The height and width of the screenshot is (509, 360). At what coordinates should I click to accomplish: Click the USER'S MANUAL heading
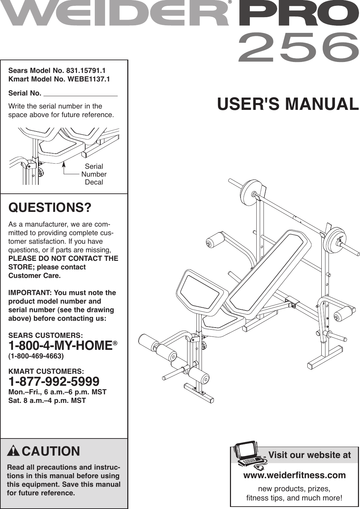[x=288, y=104]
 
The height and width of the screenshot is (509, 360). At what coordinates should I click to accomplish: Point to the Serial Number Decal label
[x=94, y=174]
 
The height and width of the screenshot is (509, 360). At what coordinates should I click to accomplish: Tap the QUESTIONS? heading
[x=50, y=208]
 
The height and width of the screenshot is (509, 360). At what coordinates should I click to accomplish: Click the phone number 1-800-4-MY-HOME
[x=61, y=346]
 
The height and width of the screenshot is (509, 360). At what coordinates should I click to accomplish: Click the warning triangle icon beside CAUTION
[x=13, y=451]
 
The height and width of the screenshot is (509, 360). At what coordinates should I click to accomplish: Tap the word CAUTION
[x=51, y=451]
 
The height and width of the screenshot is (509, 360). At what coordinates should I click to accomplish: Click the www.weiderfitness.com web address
[x=294, y=475]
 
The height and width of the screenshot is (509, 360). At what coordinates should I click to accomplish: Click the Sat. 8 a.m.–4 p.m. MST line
[x=47, y=400]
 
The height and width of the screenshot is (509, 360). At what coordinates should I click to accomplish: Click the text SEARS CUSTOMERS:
[x=45, y=335]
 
